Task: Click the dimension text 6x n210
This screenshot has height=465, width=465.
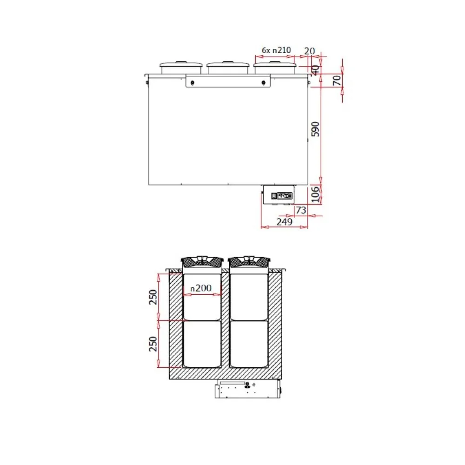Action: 276,50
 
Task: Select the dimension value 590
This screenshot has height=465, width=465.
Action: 315,129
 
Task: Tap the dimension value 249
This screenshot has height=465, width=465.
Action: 284,222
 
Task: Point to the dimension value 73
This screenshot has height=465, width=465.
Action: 301,210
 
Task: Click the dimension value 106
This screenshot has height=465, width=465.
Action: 315,194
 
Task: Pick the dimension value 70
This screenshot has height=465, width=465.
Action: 337,80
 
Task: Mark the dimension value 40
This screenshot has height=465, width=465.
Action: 315,70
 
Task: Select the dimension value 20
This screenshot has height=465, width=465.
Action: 310,50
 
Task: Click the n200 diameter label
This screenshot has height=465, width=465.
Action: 201,288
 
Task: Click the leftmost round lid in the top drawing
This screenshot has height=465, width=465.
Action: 181,68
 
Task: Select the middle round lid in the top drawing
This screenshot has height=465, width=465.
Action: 228,68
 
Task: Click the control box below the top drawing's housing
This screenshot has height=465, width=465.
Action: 278,195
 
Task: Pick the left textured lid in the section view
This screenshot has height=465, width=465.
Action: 202,262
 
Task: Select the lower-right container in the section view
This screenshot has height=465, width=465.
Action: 249,344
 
